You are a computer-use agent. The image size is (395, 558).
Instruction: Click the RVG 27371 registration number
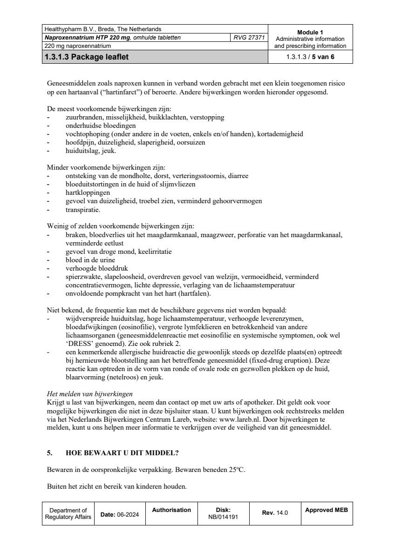click(x=249, y=38)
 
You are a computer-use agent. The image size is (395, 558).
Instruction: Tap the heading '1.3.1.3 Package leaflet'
click(x=87, y=58)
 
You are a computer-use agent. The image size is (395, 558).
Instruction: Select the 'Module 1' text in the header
click(x=310, y=32)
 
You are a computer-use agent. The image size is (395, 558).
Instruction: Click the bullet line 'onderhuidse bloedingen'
click(x=101, y=126)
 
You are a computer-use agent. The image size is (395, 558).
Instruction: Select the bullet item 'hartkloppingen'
click(x=88, y=193)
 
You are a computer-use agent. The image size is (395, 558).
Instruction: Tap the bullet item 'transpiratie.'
click(x=83, y=210)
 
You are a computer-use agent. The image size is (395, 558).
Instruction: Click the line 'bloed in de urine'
click(x=90, y=260)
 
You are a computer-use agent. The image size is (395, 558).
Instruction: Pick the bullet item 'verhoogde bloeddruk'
click(x=96, y=268)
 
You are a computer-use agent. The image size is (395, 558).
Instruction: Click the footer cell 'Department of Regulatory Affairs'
click(x=68, y=513)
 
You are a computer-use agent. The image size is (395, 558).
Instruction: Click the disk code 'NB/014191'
click(x=224, y=517)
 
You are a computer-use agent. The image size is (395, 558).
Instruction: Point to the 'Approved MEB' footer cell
click(x=327, y=510)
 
